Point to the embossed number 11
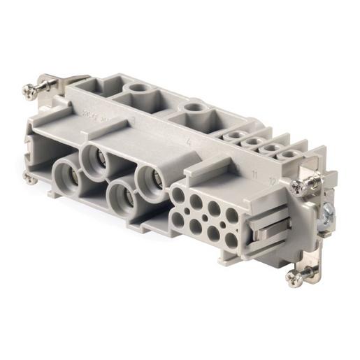click(x=256, y=171)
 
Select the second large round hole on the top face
click(x=189, y=110)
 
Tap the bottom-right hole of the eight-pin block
click(x=230, y=241)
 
